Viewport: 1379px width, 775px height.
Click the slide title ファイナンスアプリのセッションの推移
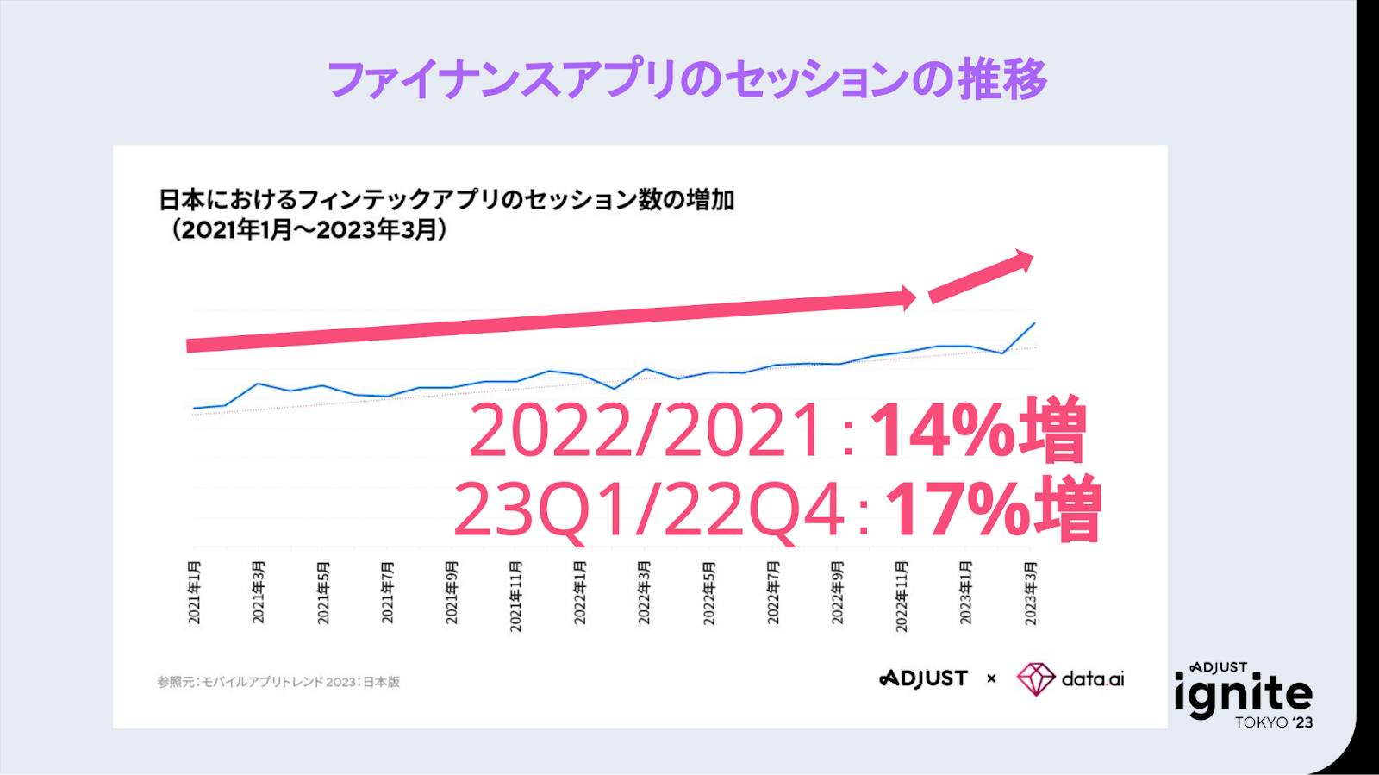point(687,79)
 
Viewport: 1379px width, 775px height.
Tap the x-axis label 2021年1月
point(195,592)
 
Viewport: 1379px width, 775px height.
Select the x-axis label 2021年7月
point(388,592)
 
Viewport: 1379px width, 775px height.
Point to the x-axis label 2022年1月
point(580,592)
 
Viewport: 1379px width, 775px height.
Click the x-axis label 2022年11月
point(902,596)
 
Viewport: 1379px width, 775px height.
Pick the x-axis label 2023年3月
point(1030,592)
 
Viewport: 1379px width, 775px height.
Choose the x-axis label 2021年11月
point(515,596)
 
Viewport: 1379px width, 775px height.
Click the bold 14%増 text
point(977,430)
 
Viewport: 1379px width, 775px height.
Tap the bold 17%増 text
point(993,509)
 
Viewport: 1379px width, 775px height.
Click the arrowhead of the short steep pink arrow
point(1023,262)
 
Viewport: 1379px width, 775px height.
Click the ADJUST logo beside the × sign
point(923,678)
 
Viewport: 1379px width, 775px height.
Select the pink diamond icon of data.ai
point(1035,678)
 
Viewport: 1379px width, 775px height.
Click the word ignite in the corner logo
point(1243,695)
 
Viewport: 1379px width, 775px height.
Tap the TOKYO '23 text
point(1273,722)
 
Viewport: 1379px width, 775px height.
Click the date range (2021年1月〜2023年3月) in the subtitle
point(309,230)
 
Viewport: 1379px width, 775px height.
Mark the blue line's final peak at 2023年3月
point(1034,323)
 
